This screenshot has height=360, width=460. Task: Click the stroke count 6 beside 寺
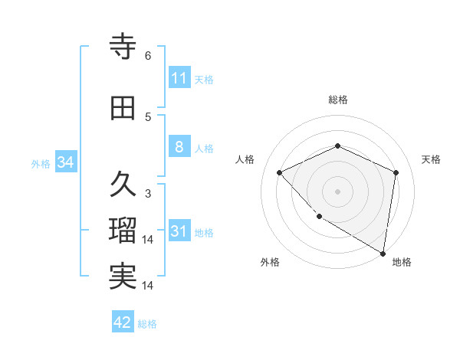click(x=148, y=56)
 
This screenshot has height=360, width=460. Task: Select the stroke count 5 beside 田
click(x=148, y=117)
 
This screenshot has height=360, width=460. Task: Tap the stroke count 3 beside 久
click(x=148, y=194)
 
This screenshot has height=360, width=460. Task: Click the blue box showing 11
click(x=179, y=77)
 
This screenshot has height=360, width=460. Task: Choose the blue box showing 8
click(x=179, y=147)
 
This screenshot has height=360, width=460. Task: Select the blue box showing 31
click(x=179, y=231)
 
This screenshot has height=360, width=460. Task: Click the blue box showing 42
click(x=123, y=322)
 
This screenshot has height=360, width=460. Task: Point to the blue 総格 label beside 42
click(x=147, y=324)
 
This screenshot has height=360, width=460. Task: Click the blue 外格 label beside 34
click(x=41, y=163)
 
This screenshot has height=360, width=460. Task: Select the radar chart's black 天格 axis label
click(x=431, y=159)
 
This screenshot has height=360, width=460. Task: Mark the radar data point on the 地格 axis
click(x=382, y=253)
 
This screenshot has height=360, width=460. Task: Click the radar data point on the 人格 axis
click(x=280, y=172)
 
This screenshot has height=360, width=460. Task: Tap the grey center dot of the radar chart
click(x=337, y=191)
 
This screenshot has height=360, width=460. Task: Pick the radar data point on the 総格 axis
click(x=337, y=146)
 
